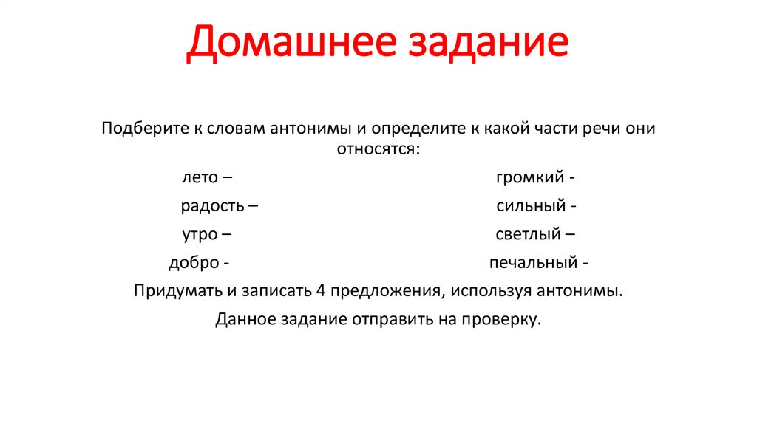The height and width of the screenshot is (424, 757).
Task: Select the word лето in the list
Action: point(199,178)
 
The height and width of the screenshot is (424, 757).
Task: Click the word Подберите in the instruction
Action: point(141,129)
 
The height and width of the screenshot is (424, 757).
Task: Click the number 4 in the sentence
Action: point(320,290)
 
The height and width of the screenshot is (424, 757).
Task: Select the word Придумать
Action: point(177,290)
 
